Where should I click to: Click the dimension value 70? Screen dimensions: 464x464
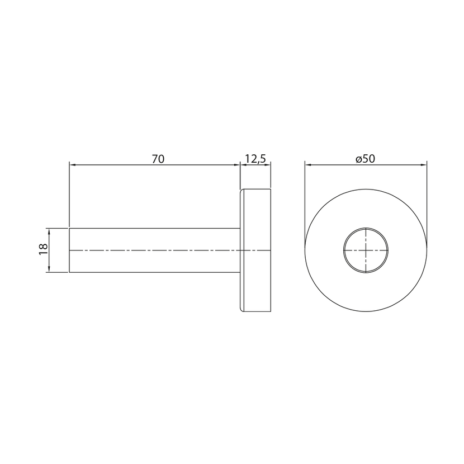coord(158,159)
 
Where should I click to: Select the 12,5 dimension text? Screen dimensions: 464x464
coord(255,159)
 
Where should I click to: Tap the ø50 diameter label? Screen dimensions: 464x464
coord(366,159)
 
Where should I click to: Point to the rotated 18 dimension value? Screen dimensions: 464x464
coord(43,249)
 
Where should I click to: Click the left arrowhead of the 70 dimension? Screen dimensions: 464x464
coord(72,165)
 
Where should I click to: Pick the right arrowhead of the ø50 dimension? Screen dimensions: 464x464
coord(423,165)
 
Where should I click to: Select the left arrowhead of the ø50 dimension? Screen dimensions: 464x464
coord(309,165)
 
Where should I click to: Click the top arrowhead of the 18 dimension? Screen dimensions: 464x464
coord(49,231)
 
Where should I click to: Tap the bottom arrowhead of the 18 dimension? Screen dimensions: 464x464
coord(49,269)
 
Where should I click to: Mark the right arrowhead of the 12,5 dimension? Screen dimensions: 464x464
coord(268,165)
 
